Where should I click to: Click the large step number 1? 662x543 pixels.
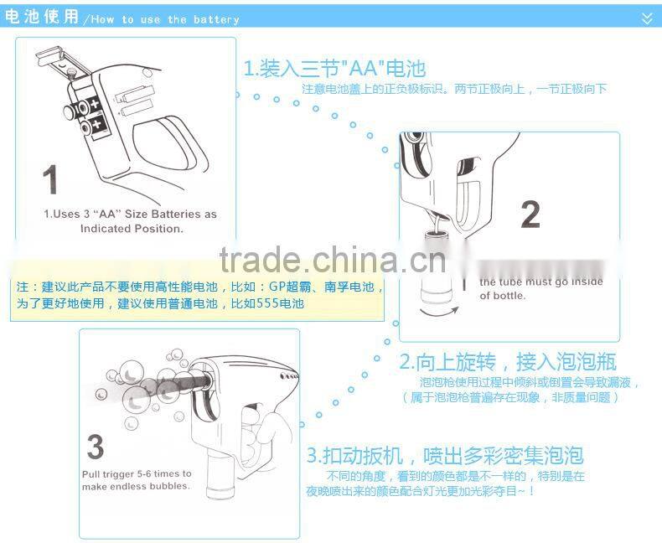pyautogui.click(x=50, y=181)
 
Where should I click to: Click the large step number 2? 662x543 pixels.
pyautogui.click(x=530, y=215)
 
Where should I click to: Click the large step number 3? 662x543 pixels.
pyautogui.click(x=96, y=447)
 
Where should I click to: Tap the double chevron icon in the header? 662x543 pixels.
pyautogui.click(x=646, y=18)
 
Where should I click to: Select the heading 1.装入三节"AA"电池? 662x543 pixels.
pyautogui.click(x=334, y=68)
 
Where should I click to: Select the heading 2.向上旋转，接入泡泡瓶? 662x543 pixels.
pyautogui.click(x=507, y=362)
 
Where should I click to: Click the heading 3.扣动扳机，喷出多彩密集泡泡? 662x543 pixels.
pyautogui.click(x=444, y=456)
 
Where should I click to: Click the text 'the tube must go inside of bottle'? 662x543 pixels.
pyautogui.click(x=540, y=289)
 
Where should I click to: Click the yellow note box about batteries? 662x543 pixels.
pyautogui.click(x=198, y=295)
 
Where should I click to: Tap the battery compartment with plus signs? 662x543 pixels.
pyautogui.click(x=91, y=116)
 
